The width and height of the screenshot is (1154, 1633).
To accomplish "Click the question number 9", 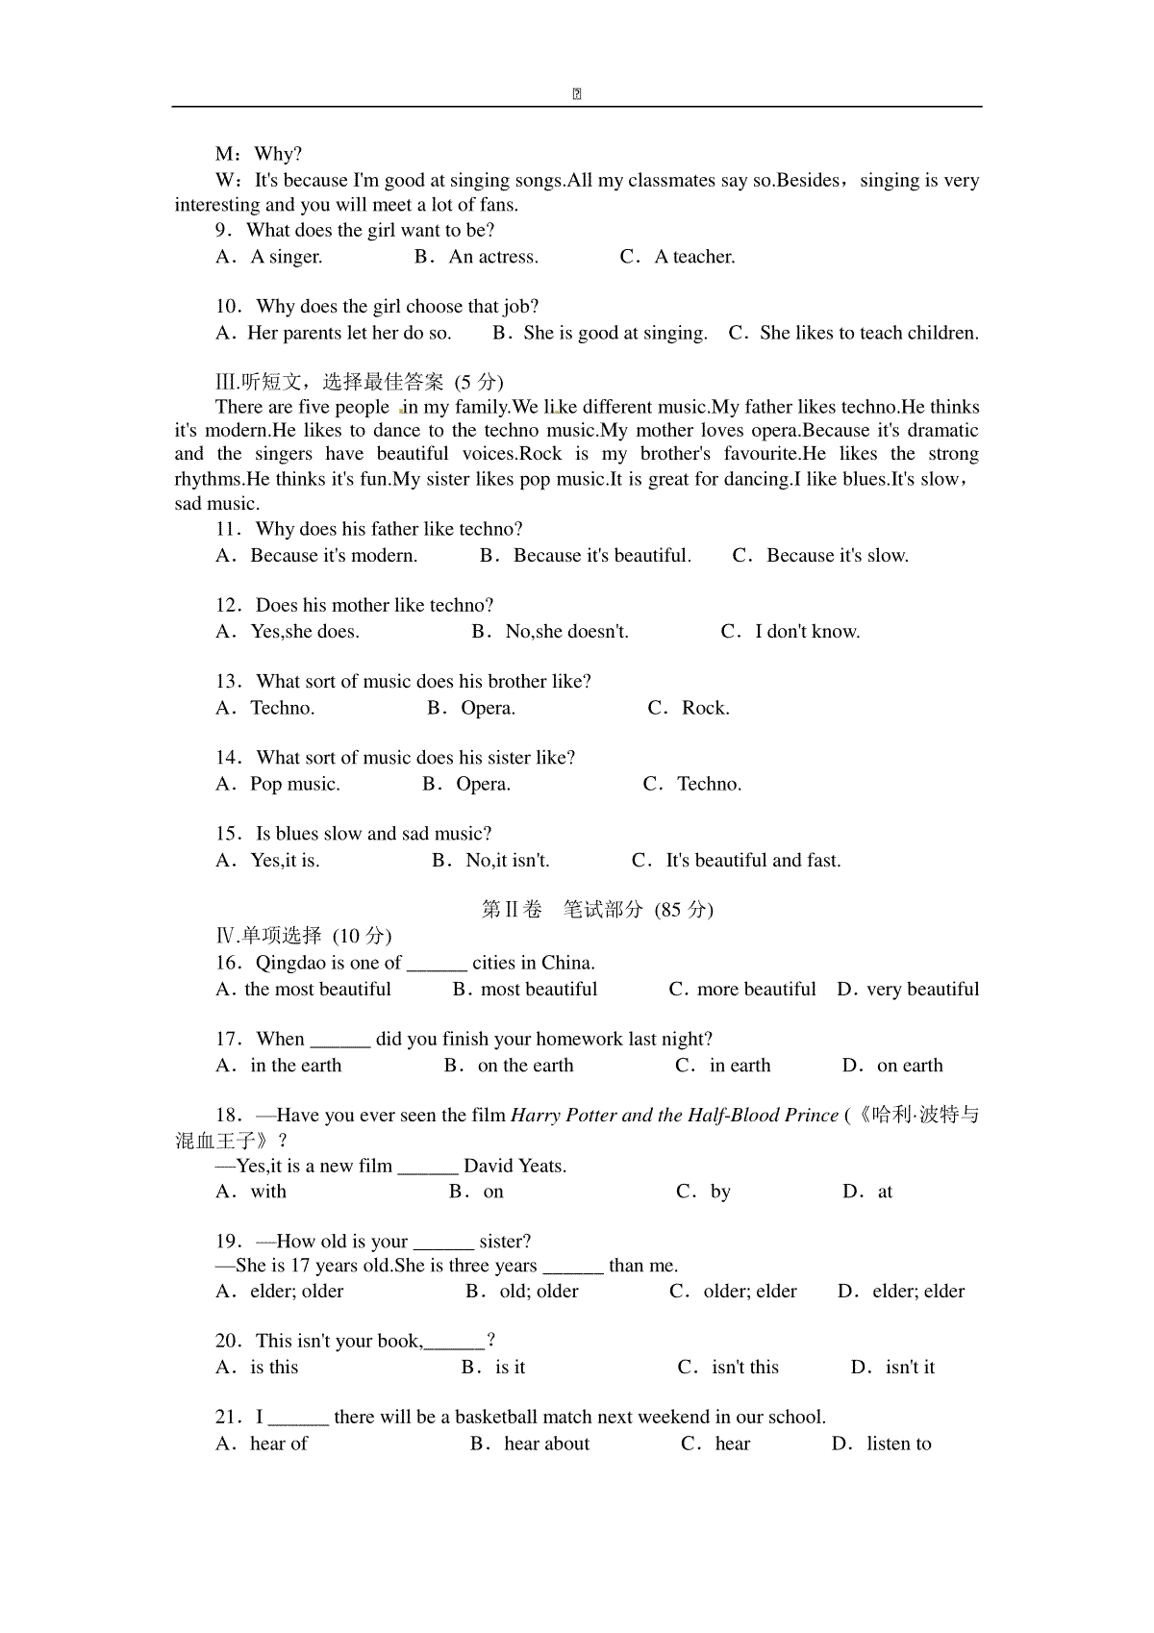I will click(x=223, y=231).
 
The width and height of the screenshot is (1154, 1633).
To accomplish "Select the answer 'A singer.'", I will click(x=286, y=257).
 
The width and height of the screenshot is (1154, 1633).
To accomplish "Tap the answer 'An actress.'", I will click(x=493, y=257).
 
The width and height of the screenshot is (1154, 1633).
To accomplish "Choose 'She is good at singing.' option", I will click(x=615, y=333).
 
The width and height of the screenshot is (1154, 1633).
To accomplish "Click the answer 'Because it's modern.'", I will click(x=334, y=555).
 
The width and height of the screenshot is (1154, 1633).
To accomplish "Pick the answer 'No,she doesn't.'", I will click(x=566, y=631).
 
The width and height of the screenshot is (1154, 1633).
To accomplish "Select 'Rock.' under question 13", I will click(x=705, y=708).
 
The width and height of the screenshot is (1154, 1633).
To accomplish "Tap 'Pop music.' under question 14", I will click(x=294, y=784).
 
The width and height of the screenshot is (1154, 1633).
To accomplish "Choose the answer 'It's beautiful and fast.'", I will click(x=753, y=860).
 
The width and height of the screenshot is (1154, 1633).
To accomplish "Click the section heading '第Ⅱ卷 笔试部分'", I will click(x=596, y=910).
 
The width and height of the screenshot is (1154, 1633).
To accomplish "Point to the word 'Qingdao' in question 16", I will click(x=290, y=963).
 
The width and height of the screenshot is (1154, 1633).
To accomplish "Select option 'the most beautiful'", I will click(x=317, y=989).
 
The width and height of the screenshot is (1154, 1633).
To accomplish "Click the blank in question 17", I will click(x=340, y=1041).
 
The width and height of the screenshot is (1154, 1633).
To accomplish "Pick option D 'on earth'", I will click(x=909, y=1065).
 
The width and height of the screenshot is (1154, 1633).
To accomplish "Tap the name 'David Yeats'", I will click(x=514, y=1167).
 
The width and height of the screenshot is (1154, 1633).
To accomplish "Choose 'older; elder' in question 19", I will click(x=749, y=1291).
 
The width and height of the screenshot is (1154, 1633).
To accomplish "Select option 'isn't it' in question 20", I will click(x=909, y=1367).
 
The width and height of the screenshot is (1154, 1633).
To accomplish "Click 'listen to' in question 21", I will click(x=898, y=1443).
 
